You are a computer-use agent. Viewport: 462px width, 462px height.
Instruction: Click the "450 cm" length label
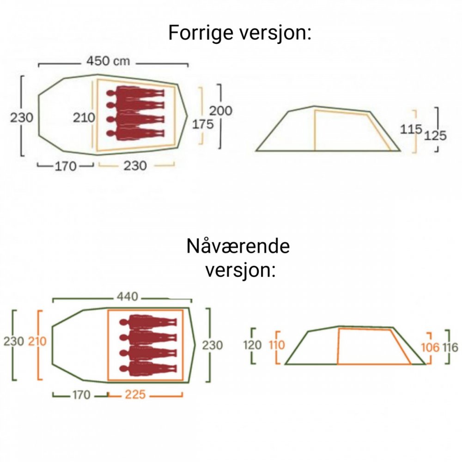point(108,61)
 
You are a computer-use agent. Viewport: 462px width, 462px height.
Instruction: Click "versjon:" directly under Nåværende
point(240,270)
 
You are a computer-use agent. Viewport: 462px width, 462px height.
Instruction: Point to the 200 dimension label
point(221,111)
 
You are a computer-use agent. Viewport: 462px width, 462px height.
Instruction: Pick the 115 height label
point(412,129)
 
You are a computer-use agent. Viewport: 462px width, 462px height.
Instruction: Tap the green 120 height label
point(252,345)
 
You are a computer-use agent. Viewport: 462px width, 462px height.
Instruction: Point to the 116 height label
point(450,347)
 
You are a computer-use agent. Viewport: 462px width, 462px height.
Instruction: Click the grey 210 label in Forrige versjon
point(84,117)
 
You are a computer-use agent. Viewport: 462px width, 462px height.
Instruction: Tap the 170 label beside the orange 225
point(81,395)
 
